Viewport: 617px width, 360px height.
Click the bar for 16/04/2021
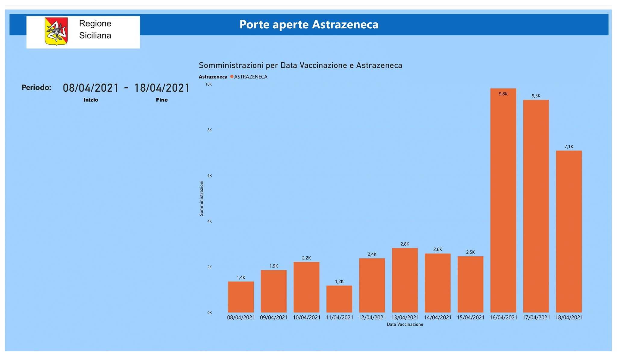503,201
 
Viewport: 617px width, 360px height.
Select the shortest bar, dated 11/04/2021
339,299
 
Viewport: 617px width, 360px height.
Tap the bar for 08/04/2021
241,297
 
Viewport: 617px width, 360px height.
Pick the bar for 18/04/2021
569,232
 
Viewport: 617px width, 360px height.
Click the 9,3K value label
536,96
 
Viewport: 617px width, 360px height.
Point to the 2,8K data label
405,244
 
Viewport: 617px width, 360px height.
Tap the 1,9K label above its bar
274,266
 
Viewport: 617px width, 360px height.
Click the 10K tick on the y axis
208,84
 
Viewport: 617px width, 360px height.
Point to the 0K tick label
209,313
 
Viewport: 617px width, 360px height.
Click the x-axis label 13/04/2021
405,317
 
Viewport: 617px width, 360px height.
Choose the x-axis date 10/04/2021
307,317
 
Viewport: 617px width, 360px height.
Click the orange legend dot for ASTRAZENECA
232,77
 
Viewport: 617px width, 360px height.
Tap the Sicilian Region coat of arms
56,31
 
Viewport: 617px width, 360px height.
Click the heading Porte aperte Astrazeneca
309,24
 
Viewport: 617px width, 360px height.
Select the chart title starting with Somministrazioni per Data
300,65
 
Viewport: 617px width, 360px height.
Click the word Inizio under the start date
91,100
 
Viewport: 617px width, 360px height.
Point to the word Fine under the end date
162,100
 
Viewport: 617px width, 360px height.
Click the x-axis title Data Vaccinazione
405,324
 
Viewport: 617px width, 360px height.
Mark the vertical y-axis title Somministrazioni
202,198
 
